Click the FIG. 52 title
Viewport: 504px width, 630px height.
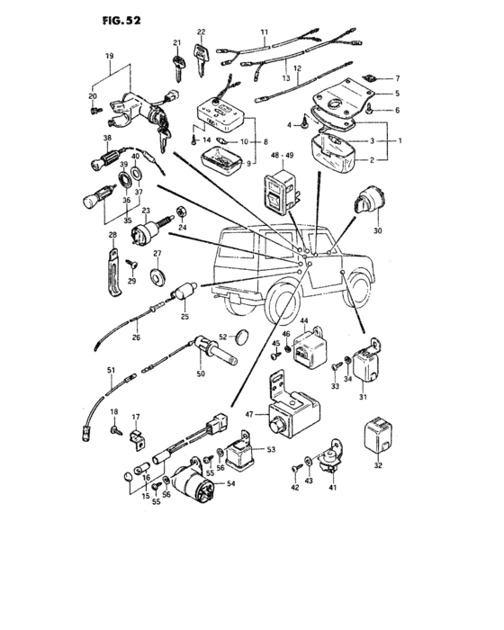point(121,21)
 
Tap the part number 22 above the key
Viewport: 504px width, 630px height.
point(201,32)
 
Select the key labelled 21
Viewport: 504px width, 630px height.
point(177,67)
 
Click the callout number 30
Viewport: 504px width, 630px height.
point(377,230)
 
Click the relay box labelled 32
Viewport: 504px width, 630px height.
point(379,437)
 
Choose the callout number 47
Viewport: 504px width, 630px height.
point(249,414)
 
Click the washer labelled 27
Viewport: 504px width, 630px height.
point(157,276)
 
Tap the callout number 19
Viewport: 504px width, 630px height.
point(109,56)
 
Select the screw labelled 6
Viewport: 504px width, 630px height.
point(370,108)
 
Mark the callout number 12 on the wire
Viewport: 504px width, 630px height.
point(297,68)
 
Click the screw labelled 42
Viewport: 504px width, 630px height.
point(297,468)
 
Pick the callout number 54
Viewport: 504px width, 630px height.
point(230,484)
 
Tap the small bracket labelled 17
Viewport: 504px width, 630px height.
point(137,440)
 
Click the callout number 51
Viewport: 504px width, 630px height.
point(111,370)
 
